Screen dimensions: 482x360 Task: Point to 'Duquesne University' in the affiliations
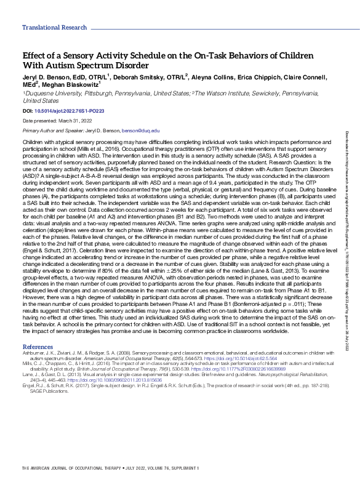[47, 93]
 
